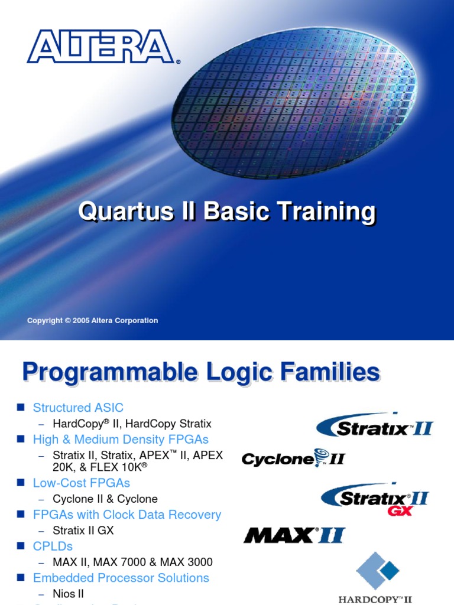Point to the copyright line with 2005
(x=93, y=321)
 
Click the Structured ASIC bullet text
(x=78, y=408)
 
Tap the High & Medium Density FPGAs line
(x=121, y=440)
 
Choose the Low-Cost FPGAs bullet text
(x=82, y=483)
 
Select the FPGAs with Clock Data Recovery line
(x=127, y=515)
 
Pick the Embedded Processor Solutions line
(x=121, y=578)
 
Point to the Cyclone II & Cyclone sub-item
(x=105, y=499)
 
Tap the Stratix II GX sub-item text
(x=83, y=531)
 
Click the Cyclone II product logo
(x=293, y=458)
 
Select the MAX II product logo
(x=294, y=535)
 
